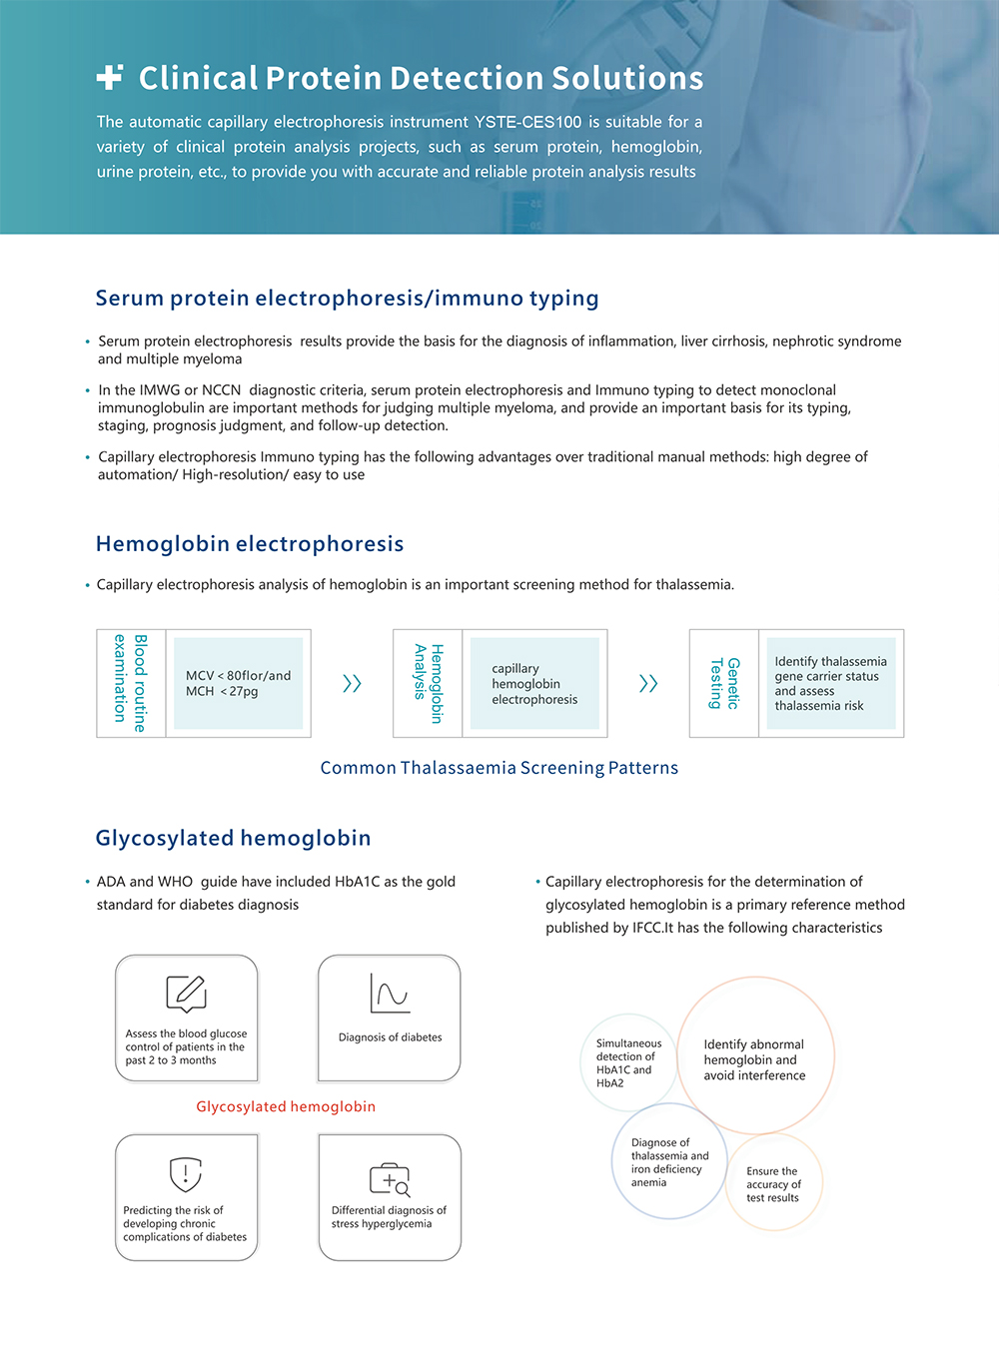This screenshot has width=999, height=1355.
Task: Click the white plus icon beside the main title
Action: [110, 77]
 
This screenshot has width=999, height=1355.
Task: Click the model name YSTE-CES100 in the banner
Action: [527, 122]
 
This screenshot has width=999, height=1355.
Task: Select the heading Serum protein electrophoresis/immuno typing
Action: [347, 298]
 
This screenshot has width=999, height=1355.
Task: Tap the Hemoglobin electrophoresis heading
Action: [250, 543]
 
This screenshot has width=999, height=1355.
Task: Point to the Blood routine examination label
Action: [131, 683]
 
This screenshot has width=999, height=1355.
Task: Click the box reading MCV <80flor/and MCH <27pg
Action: [238, 683]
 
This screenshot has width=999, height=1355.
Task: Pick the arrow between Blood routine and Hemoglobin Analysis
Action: [352, 683]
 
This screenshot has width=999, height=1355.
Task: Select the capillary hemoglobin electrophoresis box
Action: [534, 683]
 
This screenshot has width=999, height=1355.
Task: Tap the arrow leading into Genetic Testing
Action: [648, 683]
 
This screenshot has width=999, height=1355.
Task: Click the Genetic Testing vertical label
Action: [724, 683]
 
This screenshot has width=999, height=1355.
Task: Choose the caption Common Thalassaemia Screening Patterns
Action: [499, 768]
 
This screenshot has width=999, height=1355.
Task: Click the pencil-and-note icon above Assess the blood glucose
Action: [186, 994]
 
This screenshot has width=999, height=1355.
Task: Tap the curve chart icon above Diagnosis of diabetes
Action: [390, 994]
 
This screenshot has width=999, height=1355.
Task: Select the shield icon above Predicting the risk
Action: [186, 1174]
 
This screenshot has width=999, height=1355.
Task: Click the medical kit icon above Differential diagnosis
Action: [390, 1179]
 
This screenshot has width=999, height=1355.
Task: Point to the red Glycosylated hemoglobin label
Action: [286, 1106]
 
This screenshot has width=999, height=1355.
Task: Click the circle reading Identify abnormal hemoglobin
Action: [755, 1057]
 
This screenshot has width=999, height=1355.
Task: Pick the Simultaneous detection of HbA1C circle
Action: [628, 1062]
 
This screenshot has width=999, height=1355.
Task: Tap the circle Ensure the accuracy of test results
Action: [774, 1183]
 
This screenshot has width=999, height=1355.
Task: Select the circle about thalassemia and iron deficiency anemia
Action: [668, 1161]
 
